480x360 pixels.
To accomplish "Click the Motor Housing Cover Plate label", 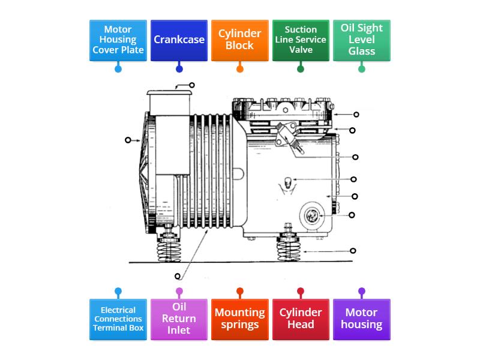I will pos(118,40).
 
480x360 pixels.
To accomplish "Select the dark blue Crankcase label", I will pos(179,40).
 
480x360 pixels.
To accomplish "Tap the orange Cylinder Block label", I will pos(240,40).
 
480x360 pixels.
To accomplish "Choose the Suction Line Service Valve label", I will pos(301,40).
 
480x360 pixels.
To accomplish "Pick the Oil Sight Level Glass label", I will pos(362,40).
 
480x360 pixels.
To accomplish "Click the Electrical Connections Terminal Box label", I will pos(118,319).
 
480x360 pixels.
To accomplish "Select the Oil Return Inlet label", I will pos(179,319).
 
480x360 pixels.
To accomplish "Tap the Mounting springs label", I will pos(240,319).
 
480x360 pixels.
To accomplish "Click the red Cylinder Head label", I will pos(301,319).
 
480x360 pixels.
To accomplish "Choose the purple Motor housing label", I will pos(362,319).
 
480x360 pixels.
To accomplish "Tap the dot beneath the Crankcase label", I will pos(179,69).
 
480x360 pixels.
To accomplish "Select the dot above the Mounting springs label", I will pos(240,292).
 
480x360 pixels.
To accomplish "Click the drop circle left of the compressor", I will pos(128,140).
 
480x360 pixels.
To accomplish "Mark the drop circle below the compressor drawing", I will pos(178,276).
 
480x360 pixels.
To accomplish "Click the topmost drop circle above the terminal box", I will pos(192,85).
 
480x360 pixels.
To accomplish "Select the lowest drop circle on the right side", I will pos(353,251).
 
